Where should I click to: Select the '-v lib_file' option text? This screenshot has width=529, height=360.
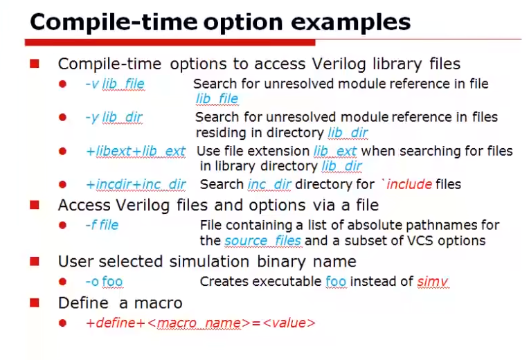[115, 84]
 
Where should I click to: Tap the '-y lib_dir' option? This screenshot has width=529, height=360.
[114, 117]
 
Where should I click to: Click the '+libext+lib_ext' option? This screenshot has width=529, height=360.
[136, 151]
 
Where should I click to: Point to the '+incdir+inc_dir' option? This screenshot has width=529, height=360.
[136, 184]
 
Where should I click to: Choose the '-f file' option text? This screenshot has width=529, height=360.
[102, 225]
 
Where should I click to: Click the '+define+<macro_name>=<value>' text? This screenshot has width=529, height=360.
[200, 323]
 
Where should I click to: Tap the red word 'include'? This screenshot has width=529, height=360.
[409, 184]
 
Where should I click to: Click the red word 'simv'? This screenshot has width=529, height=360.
[433, 281]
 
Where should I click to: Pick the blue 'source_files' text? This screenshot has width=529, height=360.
[262, 241]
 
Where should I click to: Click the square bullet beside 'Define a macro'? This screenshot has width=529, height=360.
[34, 303]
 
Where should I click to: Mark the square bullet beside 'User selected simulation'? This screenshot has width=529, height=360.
[34, 262]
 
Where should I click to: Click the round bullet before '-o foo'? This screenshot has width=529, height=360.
[62, 282]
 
